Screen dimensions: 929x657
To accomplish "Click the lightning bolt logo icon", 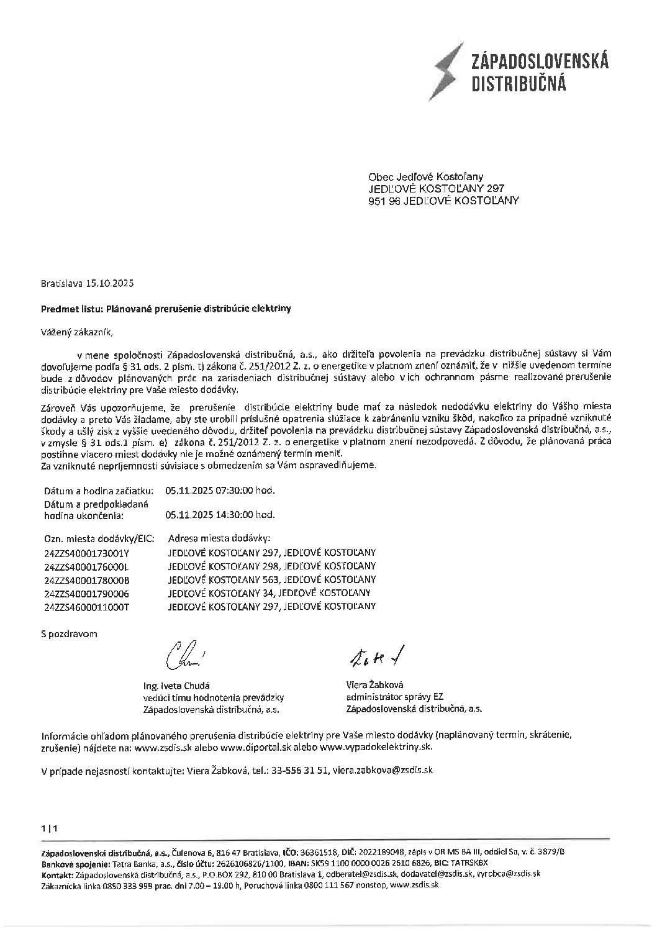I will tap(449, 73).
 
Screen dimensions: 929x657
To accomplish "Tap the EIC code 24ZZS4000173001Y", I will tap(86, 553).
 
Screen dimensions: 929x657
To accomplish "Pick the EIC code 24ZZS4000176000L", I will tap(86, 566).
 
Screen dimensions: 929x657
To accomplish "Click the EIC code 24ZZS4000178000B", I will tap(86, 580).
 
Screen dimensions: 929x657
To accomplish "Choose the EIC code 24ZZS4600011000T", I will tap(86, 607).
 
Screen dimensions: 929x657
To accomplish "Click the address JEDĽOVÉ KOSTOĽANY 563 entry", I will tap(271, 580).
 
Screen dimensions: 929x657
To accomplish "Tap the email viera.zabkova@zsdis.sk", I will tap(383, 770).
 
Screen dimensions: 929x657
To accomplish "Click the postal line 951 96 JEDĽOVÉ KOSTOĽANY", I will tap(444, 201).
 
